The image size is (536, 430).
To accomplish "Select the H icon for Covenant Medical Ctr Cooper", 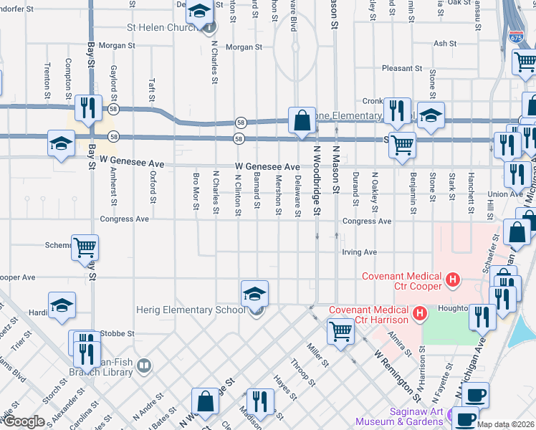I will [x=452, y=279].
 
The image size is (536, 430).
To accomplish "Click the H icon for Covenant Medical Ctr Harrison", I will [x=421, y=313].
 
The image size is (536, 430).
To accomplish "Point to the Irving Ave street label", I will [x=359, y=252].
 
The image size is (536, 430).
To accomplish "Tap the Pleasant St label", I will [x=402, y=69].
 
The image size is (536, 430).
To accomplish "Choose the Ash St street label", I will [x=445, y=44].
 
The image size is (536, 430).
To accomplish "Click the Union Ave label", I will [x=505, y=194].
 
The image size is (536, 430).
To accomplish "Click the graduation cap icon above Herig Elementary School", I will [x=254, y=294].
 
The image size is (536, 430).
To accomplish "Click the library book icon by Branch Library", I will [x=145, y=367].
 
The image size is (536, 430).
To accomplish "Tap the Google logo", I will [x=24, y=421].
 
